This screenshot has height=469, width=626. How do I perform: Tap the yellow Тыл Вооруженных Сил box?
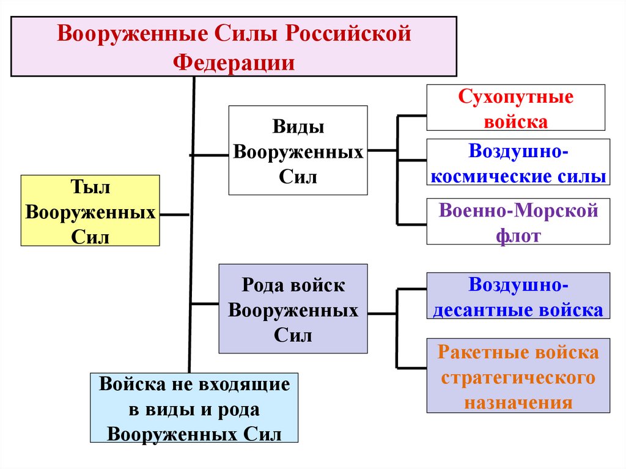[90, 210]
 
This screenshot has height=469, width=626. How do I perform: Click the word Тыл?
[89, 187]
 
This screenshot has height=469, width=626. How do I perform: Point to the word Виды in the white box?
[298, 128]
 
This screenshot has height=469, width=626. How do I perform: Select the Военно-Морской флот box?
[518, 221]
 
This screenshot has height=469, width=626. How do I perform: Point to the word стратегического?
[518, 377]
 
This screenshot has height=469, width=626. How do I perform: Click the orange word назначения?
[518, 402]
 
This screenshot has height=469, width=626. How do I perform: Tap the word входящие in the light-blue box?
[244, 385]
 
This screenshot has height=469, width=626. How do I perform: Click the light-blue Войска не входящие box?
[194, 408]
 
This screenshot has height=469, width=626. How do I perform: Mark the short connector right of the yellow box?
[175, 215]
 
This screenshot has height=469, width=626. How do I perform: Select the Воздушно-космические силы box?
[518, 163]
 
